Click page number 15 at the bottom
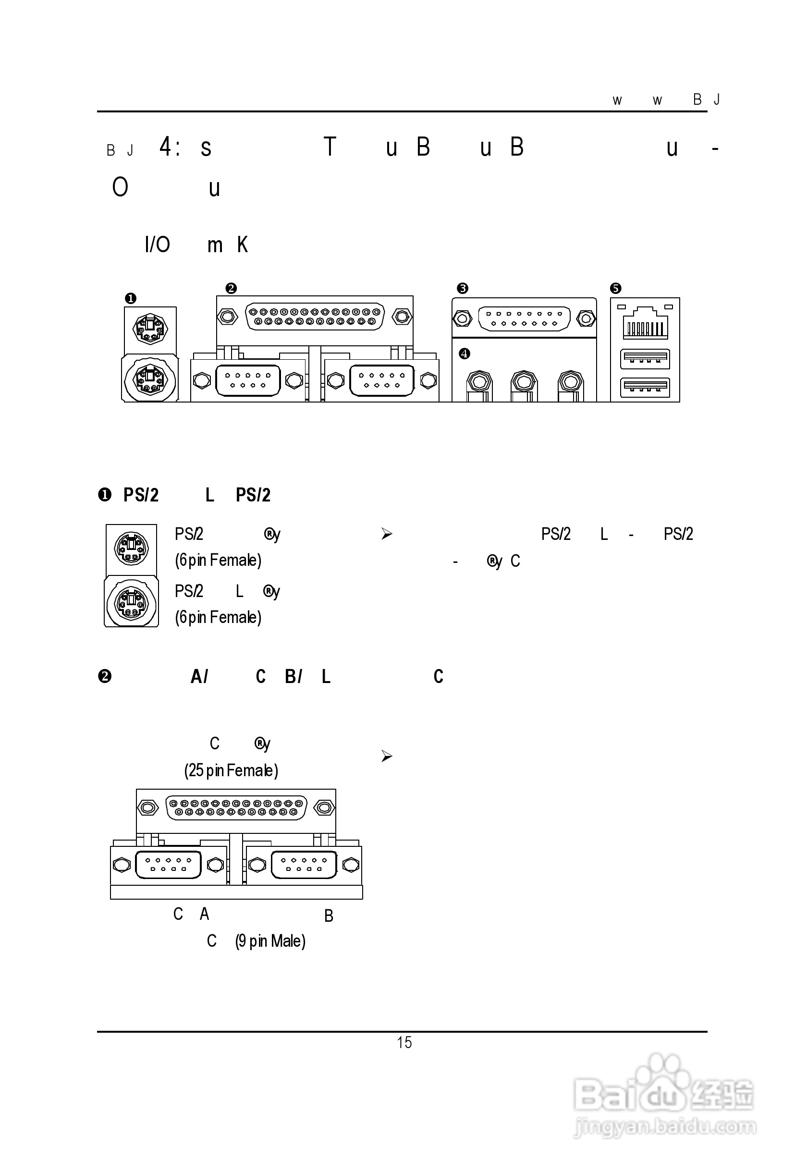pyautogui.click(x=404, y=1042)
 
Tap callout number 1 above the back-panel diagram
pyautogui.click(x=131, y=298)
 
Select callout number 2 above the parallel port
pyautogui.click(x=231, y=288)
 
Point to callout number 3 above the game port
pyautogui.click(x=462, y=288)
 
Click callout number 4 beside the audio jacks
pyautogui.click(x=464, y=354)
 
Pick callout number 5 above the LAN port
pyautogui.click(x=615, y=288)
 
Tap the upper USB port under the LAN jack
pyautogui.click(x=645, y=358)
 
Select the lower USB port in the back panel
pyautogui.click(x=645, y=387)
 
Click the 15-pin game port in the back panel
pyautogui.click(x=524, y=318)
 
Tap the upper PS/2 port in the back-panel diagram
pyautogui.click(x=150, y=329)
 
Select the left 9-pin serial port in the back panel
pyautogui.click(x=248, y=380)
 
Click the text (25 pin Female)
pyautogui.click(x=231, y=770)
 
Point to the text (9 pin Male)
pyautogui.click(x=270, y=941)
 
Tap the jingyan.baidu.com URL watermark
pyautogui.click(x=665, y=1126)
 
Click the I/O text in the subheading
pyautogui.click(x=157, y=244)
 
